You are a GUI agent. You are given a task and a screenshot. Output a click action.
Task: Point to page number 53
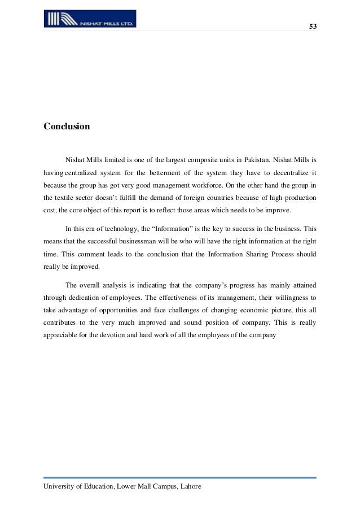click(313, 27)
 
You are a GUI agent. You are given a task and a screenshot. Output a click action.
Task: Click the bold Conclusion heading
click(67, 127)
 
